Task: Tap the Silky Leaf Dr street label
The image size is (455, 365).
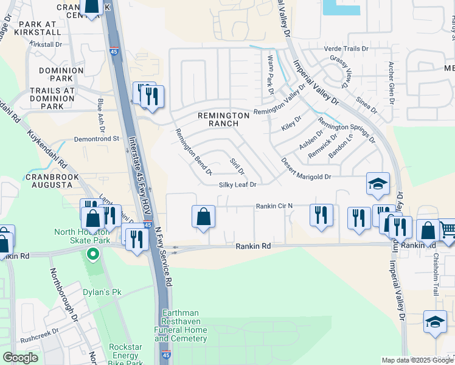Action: [x=238, y=184]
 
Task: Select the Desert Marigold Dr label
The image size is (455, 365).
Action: [x=305, y=169]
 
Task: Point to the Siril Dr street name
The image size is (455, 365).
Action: [x=237, y=165]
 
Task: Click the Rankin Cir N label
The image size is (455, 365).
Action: [x=274, y=206]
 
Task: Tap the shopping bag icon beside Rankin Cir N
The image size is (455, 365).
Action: [x=203, y=216]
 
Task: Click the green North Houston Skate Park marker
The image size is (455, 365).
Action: [x=92, y=254]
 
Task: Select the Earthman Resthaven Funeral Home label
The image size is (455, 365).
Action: [x=184, y=325]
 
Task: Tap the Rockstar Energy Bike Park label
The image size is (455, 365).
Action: [x=126, y=355]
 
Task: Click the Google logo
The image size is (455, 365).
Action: [x=20, y=358]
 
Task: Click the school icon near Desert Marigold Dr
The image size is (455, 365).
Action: [x=377, y=184]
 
